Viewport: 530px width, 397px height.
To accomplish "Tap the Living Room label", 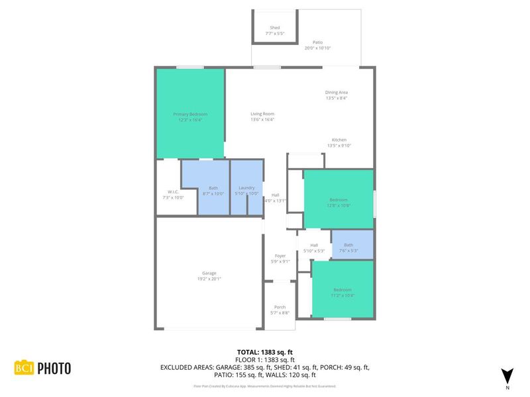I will coord(262,114).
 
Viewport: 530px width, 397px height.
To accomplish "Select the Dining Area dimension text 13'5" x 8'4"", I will coord(337,98).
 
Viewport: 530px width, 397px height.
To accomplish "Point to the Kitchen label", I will coord(339,140).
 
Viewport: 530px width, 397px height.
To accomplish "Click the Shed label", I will coord(274,27).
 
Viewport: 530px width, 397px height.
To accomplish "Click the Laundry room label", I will coord(246,187).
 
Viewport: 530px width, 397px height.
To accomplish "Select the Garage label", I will coord(209,273).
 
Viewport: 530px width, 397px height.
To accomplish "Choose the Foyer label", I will coord(280,255).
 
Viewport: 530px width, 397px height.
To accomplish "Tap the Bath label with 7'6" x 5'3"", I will coord(348,245).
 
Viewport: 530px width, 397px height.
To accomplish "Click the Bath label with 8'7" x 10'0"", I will coord(213,187).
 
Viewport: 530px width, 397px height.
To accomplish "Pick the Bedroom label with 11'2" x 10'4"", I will coord(343,290).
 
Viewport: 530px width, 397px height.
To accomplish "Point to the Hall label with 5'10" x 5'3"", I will coord(314,245).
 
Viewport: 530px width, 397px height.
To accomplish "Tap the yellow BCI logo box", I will coord(24,368).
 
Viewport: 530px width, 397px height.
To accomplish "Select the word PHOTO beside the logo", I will coord(54,368).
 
